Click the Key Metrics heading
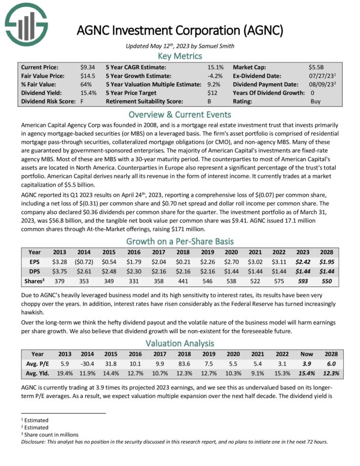pos(179,56)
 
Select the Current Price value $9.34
pos(87,67)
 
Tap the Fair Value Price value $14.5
pos(87,76)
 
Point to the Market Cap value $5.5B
pos(316,67)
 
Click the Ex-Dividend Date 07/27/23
pos(318,76)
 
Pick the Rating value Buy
pos(315,101)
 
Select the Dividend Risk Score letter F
pos(82,101)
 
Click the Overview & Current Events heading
pos(179,114)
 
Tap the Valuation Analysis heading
pos(179,343)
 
